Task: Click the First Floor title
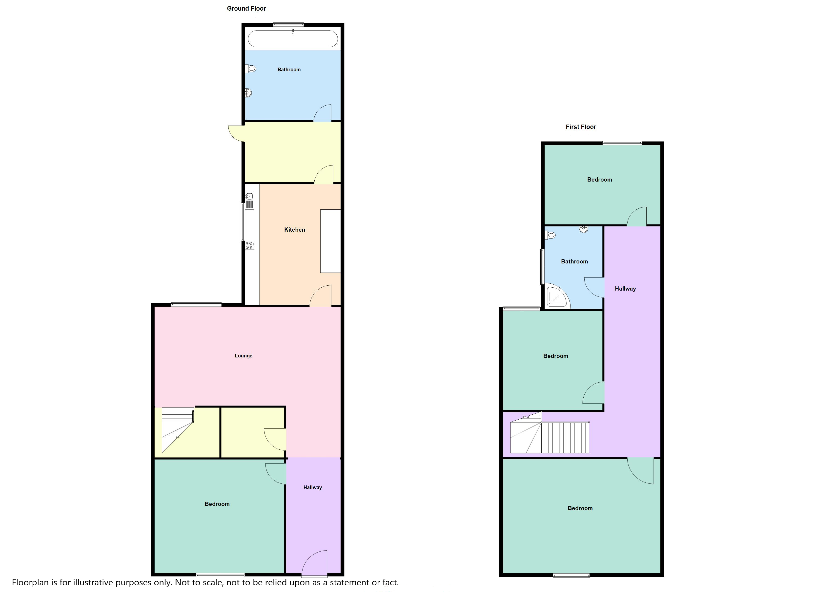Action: tap(581, 127)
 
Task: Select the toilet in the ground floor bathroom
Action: tap(251, 69)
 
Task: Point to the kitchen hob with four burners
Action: tap(250, 246)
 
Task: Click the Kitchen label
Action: tap(295, 230)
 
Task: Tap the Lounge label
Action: tap(244, 356)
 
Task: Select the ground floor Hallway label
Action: tap(313, 487)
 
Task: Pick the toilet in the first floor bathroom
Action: tap(550, 235)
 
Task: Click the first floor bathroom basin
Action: tap(584, 229)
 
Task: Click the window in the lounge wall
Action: tap(196, 305)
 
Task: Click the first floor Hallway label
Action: tap(625, 289)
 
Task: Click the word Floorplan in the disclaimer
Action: tap(30, 583)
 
